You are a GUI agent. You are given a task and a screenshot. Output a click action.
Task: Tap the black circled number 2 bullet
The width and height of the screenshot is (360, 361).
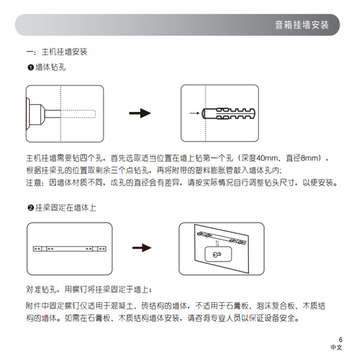(x=30, y=207)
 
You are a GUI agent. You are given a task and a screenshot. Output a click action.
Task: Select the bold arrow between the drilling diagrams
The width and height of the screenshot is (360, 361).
(x=139, y=113)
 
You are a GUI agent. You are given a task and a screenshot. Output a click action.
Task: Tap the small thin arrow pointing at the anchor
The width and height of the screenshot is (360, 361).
(x=194, y=113)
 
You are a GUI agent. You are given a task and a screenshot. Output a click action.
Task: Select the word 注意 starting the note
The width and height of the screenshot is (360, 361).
(x=34, y=181)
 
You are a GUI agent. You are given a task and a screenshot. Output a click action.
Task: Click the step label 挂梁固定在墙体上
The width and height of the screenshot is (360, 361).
(x=66, y=207)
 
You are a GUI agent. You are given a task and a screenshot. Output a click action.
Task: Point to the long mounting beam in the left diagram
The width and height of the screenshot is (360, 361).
(x=67, y=247)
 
